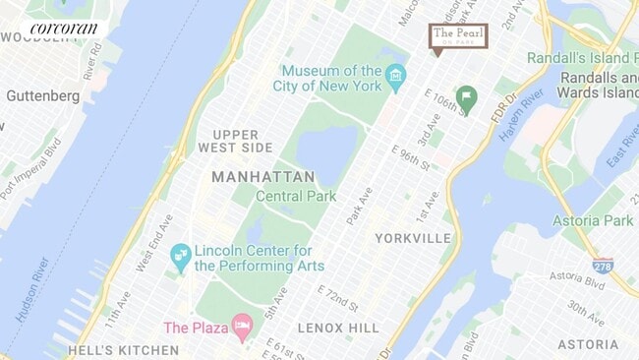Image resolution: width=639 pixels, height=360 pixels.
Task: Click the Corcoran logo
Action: pyautogui.click(x=64, y=29)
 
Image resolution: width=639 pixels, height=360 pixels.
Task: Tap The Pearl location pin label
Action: pyautogui.click(x=459, y=36)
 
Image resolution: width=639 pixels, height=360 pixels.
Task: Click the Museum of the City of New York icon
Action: pyautogui.click(x=395, y=76)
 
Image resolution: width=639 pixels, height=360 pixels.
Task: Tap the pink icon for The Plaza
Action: pyautogui.click(x=241, y=328)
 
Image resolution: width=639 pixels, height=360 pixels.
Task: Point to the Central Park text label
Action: pyautogui.click(x=296, y=196)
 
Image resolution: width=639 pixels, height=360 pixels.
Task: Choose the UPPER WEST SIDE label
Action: pyautogui.click(x=243, y=140)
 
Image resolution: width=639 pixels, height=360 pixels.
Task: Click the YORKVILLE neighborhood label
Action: pyautogui.click(x=413, y=238)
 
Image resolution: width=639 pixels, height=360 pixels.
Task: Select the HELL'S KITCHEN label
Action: pyautogui.click(x=108, y=349)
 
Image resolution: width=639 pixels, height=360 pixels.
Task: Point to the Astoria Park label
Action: pyautogui.click(x=593, y=220)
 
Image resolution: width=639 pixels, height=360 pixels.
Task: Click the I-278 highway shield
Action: pyautogui.click(x=603, y=265)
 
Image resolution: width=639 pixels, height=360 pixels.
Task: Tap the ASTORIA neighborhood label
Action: pyautogui.click(x=588, y=344)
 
